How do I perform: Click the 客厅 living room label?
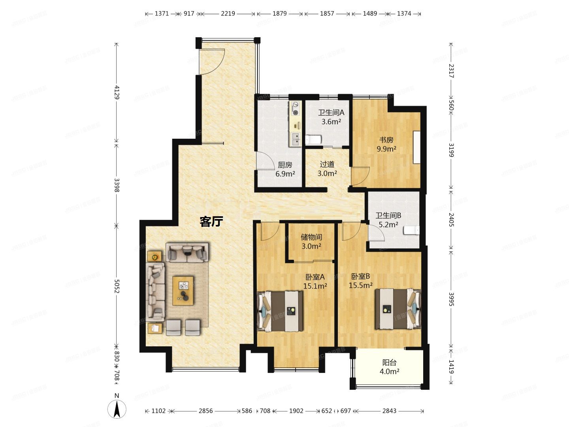(x=211, y=221)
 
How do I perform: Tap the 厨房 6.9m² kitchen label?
(x=285, y=169)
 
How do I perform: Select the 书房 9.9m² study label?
(x=386, y=144)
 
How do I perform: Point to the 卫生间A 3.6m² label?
(x=331, y=117)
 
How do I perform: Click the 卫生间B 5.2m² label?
(x=388, y=220)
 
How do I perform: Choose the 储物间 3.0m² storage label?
(x=311, y=242)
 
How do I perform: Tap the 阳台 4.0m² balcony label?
(x=389, y=367)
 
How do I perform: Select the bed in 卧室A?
(x=281, y=311)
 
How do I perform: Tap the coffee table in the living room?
(x=183, y=291)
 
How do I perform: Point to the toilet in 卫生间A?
(x=314, y=139)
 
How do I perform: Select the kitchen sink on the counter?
(x=295, y=138)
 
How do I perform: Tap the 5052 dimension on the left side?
(x=117, y=287)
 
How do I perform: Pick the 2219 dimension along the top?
(x=228, y=13)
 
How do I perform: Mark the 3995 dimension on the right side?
(x=451, y=299)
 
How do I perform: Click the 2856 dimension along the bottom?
(x=205, y=411)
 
